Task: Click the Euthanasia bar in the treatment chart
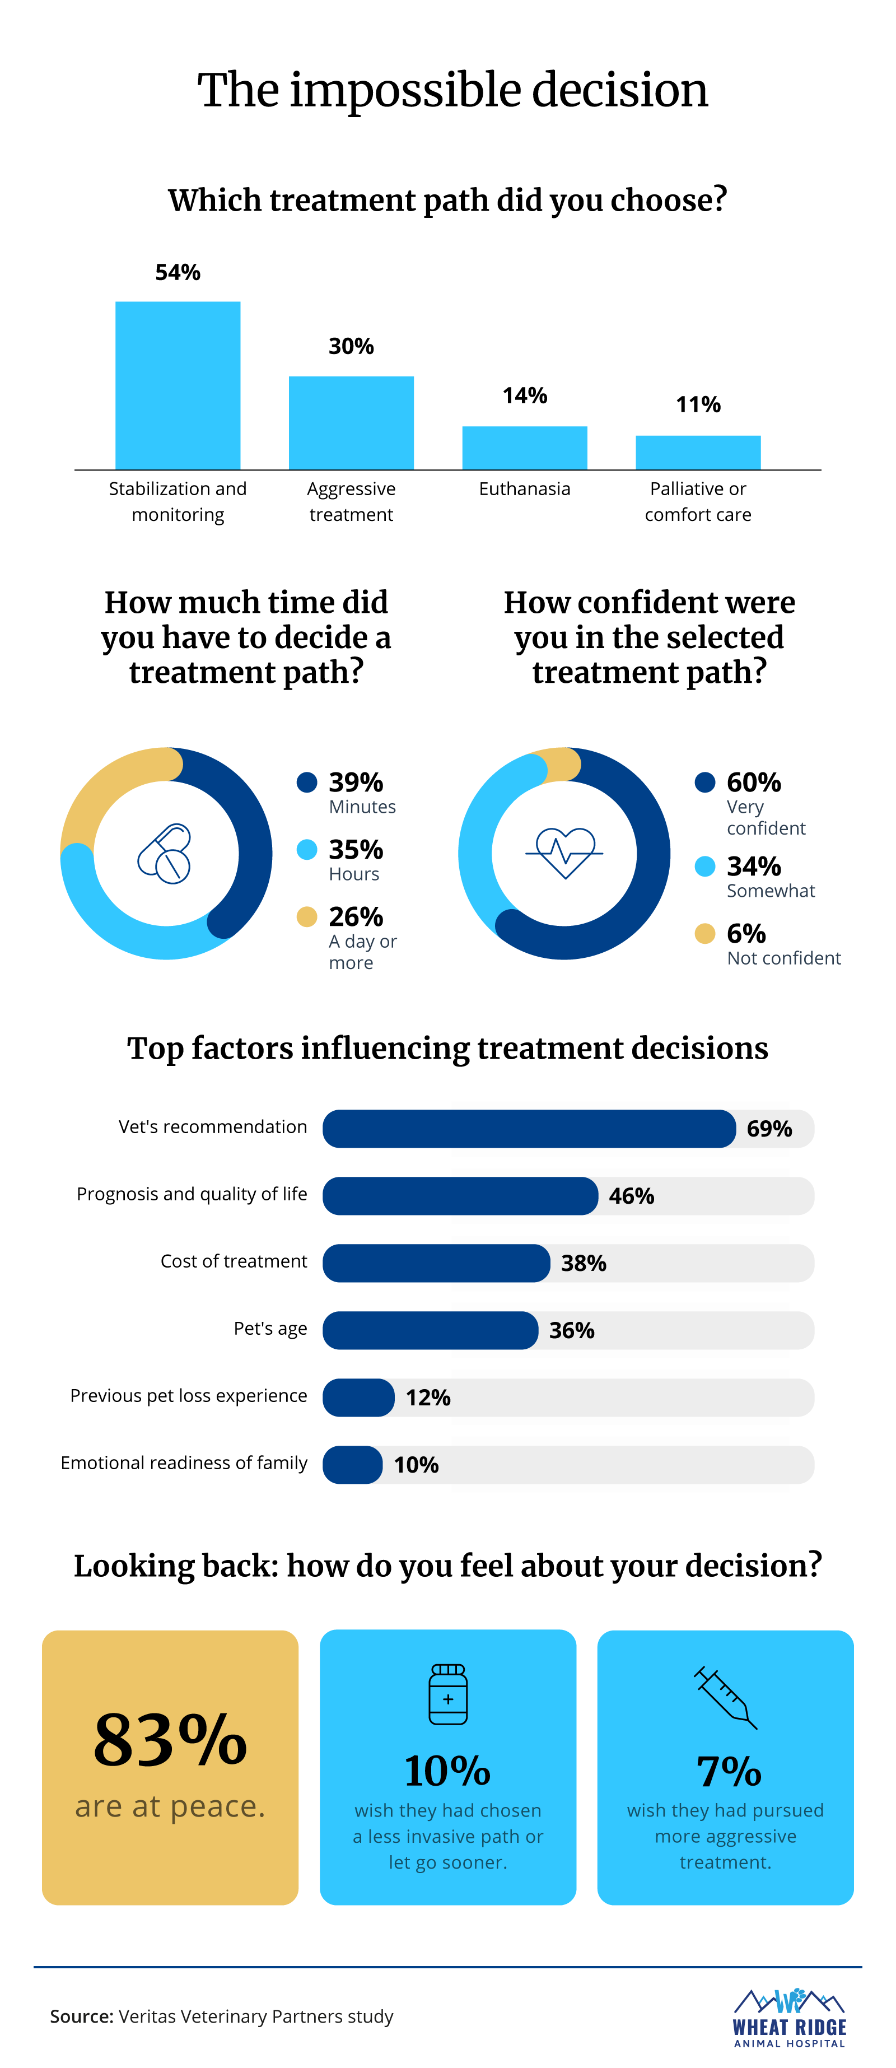524,448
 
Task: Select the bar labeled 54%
178,385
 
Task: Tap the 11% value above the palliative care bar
698,404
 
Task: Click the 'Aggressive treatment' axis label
351,502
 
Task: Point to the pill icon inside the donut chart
165,854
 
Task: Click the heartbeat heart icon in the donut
564,853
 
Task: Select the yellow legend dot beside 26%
307,917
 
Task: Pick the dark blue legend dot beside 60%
705,782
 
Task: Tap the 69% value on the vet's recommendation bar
769,1129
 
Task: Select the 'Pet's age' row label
270,1329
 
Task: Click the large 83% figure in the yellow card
170,1740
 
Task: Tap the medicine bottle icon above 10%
448,1695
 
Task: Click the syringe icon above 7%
726,1697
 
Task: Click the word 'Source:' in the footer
82,2016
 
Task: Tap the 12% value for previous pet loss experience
428,1398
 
